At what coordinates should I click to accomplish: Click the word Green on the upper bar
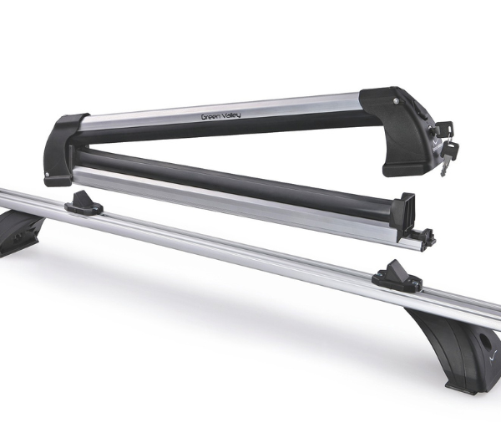[x=210, y=117]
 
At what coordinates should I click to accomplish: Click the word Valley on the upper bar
[x=230, y=115]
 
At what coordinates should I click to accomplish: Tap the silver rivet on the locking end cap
[x=397, y=101]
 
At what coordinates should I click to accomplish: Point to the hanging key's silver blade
[x=443, y=169]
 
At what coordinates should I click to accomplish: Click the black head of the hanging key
[x=450, y=150]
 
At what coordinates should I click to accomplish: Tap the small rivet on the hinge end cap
[x=48, y=175]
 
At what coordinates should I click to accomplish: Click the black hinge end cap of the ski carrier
[x=64, y=150]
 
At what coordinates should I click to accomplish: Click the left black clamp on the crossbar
[x=83, y=203]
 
